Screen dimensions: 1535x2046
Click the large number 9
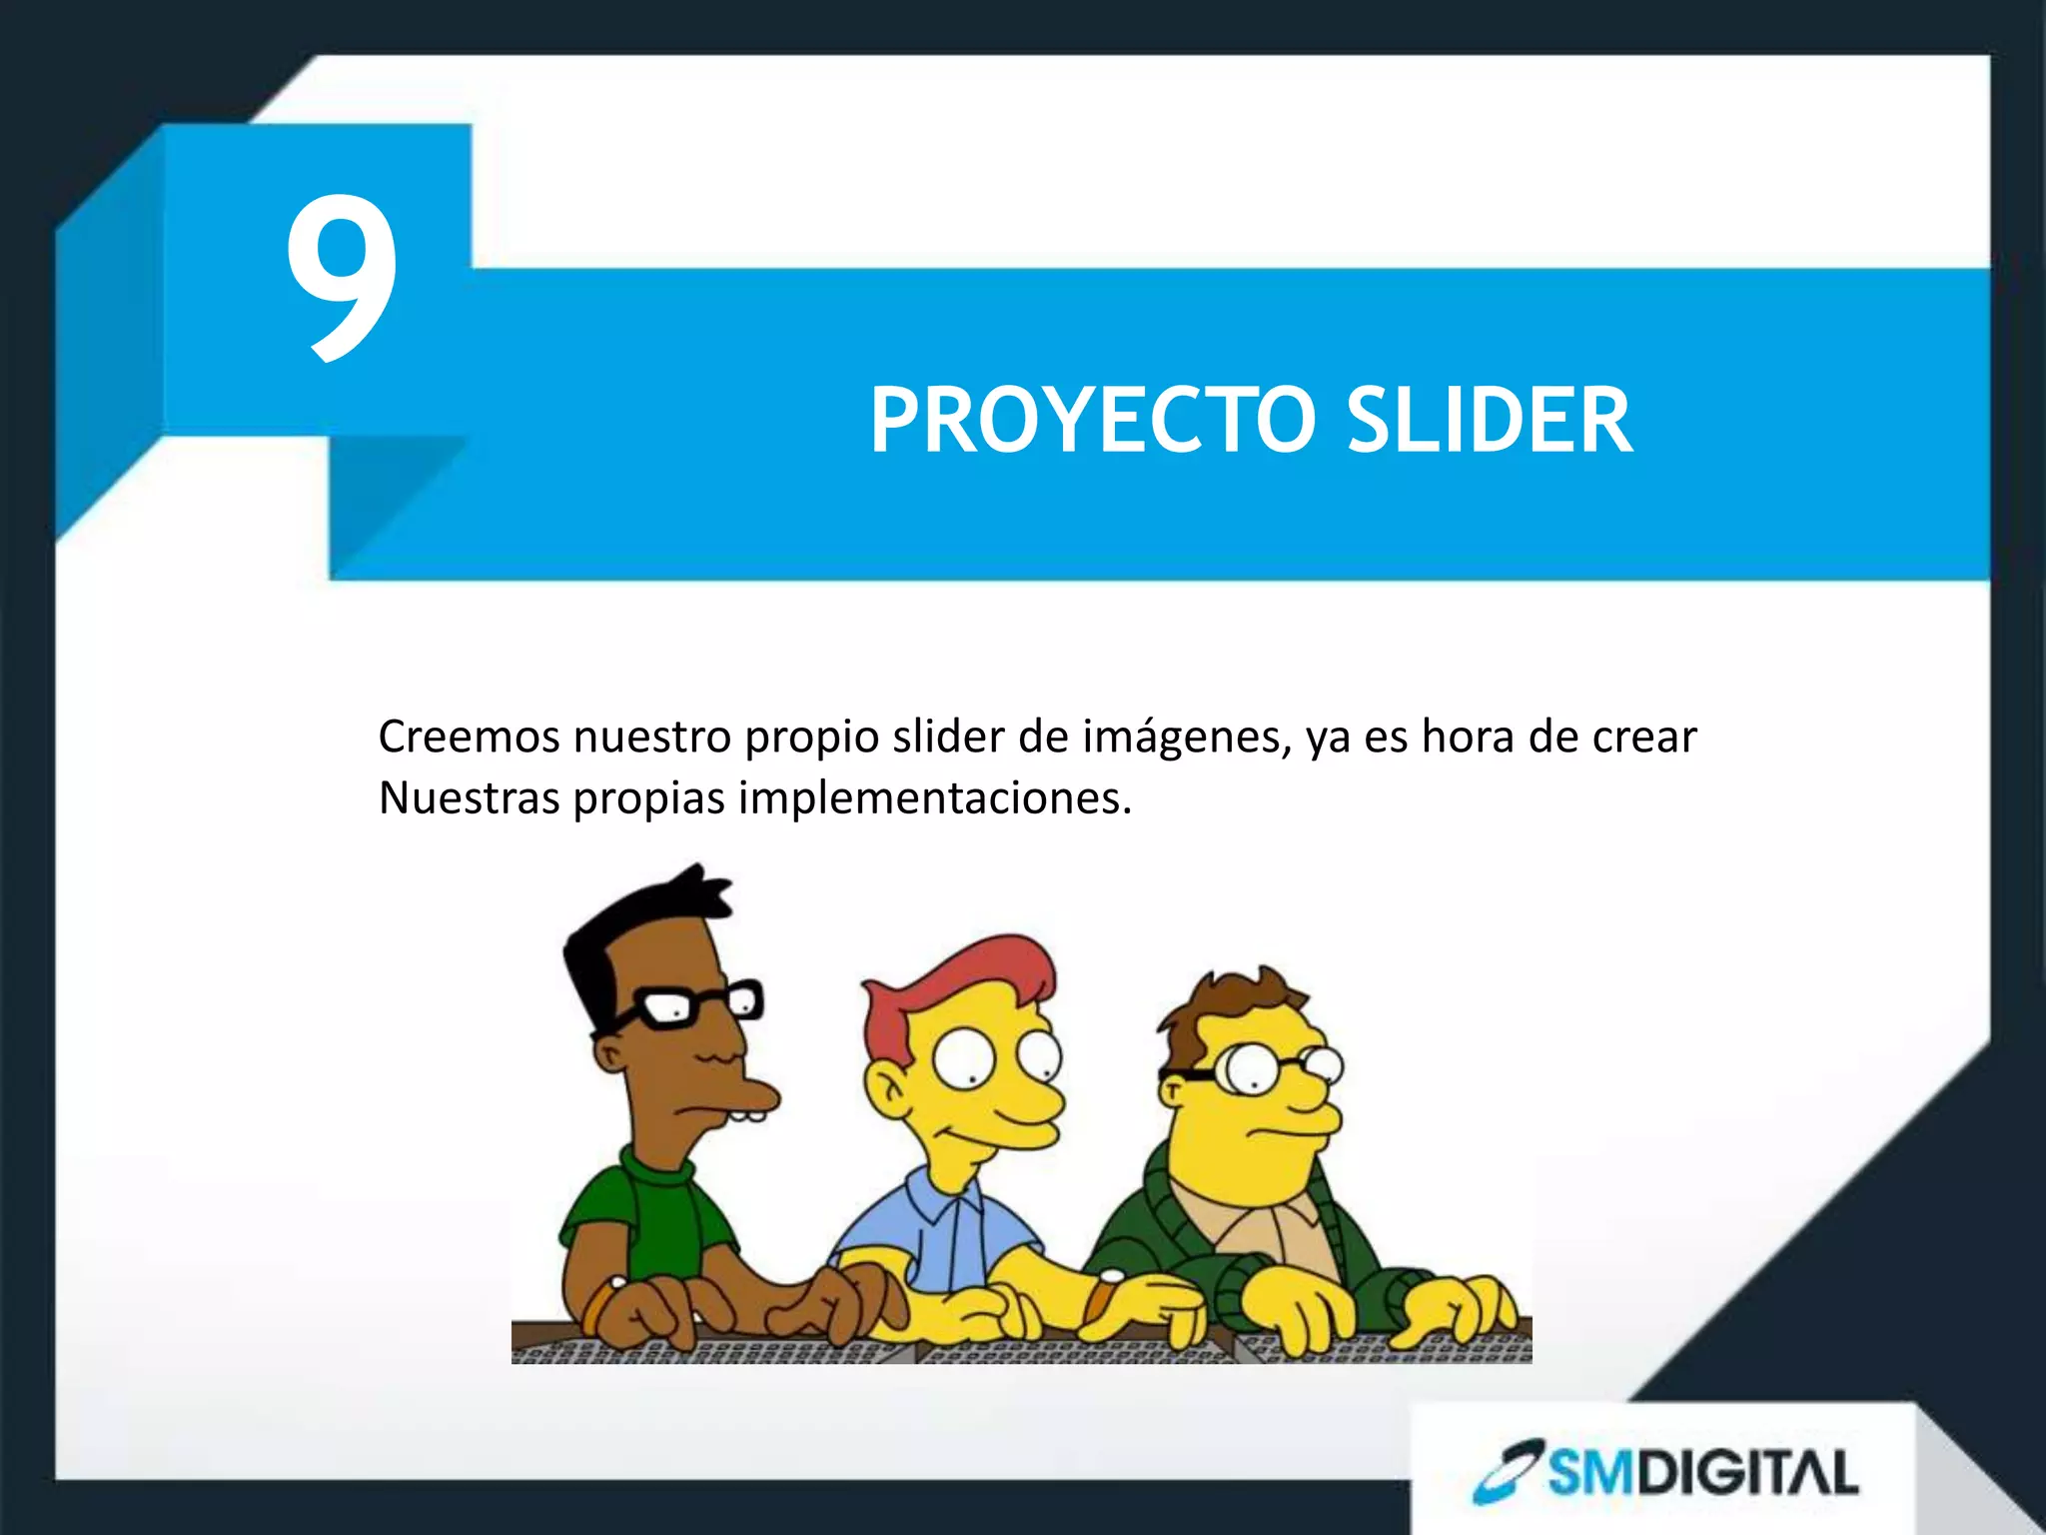342,278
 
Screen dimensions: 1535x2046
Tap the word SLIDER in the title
1489,422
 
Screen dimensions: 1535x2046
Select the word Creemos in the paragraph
468,738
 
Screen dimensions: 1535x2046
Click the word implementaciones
934,798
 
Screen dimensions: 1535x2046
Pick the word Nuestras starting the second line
468,798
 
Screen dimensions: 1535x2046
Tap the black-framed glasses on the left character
689,1004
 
